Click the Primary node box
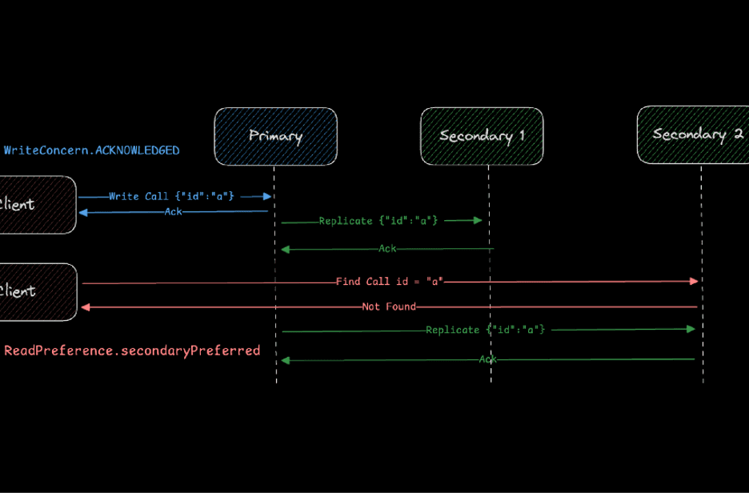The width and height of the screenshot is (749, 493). [x=275, y=136]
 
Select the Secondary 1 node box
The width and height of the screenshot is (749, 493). [x=482, y=136]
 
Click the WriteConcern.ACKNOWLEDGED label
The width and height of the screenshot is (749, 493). [x=92, y=150]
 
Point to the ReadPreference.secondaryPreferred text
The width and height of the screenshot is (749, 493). [x=133, y=351]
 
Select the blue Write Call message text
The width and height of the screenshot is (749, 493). [x=172, y=196]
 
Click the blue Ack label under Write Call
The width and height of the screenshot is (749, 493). [x=173, y=211]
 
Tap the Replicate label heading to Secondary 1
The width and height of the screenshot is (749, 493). [x=379, y=220]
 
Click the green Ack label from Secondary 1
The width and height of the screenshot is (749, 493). [x=387, y=249]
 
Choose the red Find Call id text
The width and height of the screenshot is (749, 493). [x=390, y=282]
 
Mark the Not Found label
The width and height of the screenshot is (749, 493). [x=389, y=307]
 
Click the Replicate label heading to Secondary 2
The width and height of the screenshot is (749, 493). [x=486, y=329]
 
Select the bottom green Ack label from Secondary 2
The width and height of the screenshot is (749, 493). [x=487, y=359]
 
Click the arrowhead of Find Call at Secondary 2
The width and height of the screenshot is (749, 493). [x=694, y=281]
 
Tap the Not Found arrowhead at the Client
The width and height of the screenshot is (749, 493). [x=85, y=307]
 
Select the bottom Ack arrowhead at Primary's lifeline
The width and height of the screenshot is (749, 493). [x=284, y=360]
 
